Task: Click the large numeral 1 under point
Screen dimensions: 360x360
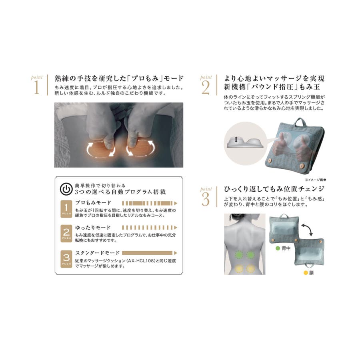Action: click(36, 87)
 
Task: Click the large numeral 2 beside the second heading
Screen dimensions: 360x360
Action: click(206, 88)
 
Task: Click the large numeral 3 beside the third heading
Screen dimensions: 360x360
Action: click(206, 199)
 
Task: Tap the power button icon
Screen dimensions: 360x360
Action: click(66, 189)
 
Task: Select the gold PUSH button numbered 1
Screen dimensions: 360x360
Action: click(66, 209)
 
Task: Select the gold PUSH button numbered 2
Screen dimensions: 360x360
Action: click(66, 233)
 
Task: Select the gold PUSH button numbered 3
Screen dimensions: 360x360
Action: click(66, 259)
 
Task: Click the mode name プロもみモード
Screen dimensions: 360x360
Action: click(93, 203)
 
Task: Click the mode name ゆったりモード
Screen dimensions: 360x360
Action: click(93, 228)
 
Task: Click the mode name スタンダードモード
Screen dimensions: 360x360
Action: click(98, 253)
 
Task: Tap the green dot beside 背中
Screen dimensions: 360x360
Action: click(278, 248)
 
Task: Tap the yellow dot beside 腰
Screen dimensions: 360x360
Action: click(306, 273)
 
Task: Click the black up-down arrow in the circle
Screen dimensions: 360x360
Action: click(236, 139)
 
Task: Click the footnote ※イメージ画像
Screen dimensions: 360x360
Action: click(316, 180)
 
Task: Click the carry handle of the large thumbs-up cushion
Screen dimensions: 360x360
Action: click(300, 122)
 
